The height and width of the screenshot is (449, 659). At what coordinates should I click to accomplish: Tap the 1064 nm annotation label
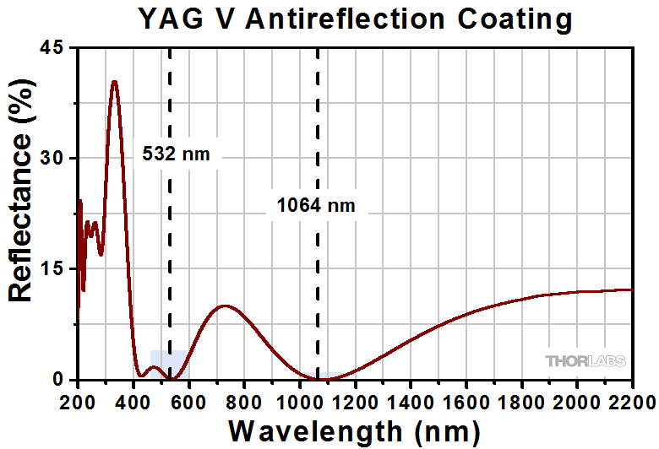click(316, 205)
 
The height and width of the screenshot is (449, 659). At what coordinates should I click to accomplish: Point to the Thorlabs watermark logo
click(585, 361)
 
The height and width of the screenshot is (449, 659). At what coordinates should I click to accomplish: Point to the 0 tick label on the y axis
click(58, 379)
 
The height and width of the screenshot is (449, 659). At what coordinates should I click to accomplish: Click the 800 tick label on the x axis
click(244, 399)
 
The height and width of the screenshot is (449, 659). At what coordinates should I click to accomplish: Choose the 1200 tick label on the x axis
click(355, 399)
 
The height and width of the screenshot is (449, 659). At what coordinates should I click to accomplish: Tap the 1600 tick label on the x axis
click(466, 399)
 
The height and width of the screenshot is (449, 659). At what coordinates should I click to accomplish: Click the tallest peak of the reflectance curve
click(114, 82)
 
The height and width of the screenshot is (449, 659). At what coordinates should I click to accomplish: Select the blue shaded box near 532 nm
click(170, 364)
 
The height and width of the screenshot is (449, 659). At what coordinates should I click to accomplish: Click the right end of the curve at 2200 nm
click(631, 289)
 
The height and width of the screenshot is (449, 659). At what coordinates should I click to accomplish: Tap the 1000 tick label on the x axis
click(299, 399)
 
